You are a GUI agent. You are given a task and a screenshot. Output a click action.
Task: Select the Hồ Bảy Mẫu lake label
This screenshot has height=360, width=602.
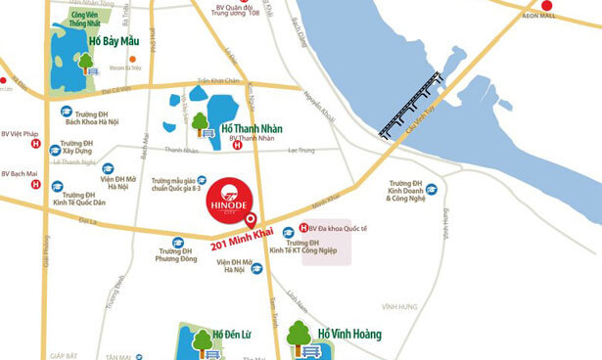pyautogui.click(x=127, y=42)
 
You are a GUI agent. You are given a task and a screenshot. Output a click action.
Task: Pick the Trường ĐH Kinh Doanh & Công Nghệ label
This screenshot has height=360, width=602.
pyautogui.click(x=411, y=196)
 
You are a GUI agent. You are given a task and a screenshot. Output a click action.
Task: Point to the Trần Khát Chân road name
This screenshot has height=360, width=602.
pyautogui.click(x=218, y=81)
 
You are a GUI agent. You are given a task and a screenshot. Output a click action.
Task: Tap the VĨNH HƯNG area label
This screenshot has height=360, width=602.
pyautogui.click(x=401, y=306)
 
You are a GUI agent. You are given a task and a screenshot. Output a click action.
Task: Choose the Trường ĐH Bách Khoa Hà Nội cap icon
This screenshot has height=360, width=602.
pyautogui.click(x=67, y=112)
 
